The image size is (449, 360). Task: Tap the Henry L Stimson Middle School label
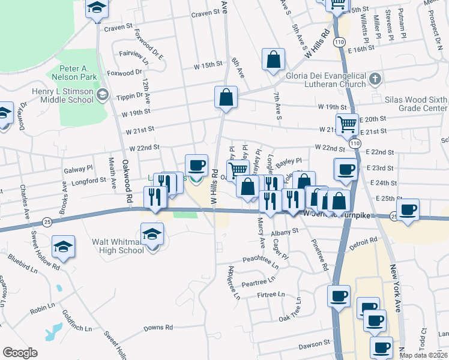[x=63, y=95]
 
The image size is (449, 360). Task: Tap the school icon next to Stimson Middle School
[x=103, y=94]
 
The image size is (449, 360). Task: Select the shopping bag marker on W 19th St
[x=226, y=98]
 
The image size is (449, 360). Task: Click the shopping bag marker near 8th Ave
[x=273, y=60]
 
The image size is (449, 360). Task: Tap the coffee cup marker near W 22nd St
[x=196, y=165]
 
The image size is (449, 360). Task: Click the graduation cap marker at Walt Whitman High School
[x=152, y=234]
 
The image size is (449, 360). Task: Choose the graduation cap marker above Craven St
[x=95, y=8]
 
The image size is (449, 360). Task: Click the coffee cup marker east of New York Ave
[x=408, y=210]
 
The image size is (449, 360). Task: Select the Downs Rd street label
[x=158, y=328]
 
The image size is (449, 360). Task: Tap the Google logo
[x=20, y=353]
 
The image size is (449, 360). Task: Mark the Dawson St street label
[x=315, y=344]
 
